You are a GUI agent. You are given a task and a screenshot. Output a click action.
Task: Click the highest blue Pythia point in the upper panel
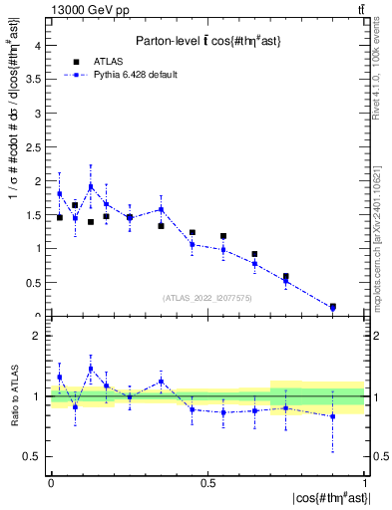click(x=91, y=186)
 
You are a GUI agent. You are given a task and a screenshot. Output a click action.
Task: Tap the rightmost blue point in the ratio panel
click(x=332, y=416)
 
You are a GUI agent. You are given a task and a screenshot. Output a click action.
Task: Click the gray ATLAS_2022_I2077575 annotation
click(x=207, y=297)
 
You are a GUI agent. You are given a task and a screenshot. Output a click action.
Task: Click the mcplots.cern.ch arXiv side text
click(x=376, y=229)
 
